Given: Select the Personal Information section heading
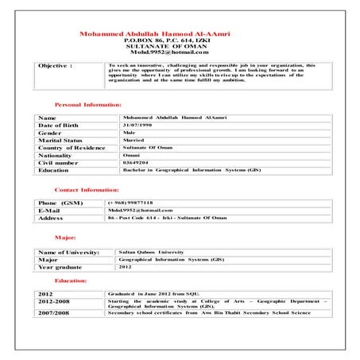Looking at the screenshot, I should [x=87, y=105].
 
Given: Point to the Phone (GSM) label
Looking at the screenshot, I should [x=60, y=203].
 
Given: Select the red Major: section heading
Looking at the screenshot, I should [x=64, y=238].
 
